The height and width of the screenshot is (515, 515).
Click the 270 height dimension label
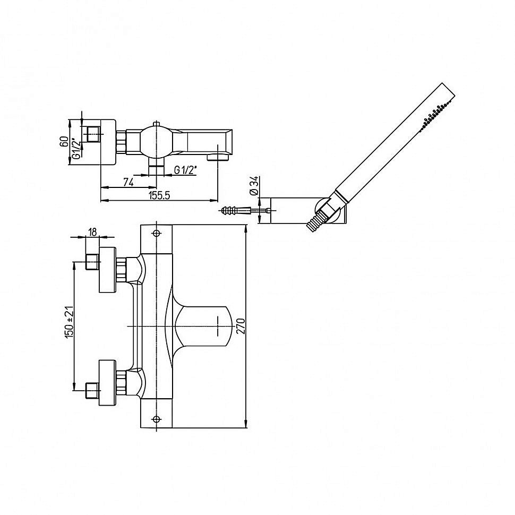[241, 326]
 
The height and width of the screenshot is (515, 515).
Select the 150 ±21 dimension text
[70, 322]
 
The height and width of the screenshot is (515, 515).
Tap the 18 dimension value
[92, 232]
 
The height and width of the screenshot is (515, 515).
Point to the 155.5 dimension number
[159, 195]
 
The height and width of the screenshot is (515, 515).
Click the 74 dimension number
[128, 182]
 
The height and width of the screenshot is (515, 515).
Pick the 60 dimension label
[65, 142]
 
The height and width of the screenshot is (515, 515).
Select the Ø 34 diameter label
[255, 186]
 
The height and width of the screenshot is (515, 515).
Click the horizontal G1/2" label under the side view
[185, 170]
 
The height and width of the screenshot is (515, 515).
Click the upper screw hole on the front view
[156, 233]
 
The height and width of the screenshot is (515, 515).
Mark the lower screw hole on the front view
[156, 419]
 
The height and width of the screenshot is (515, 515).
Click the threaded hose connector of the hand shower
[315, 221]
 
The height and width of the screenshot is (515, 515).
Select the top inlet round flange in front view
[108, 270]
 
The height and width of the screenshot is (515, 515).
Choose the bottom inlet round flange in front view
[108, 382]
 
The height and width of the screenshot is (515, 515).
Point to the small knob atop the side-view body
[156, 124]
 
